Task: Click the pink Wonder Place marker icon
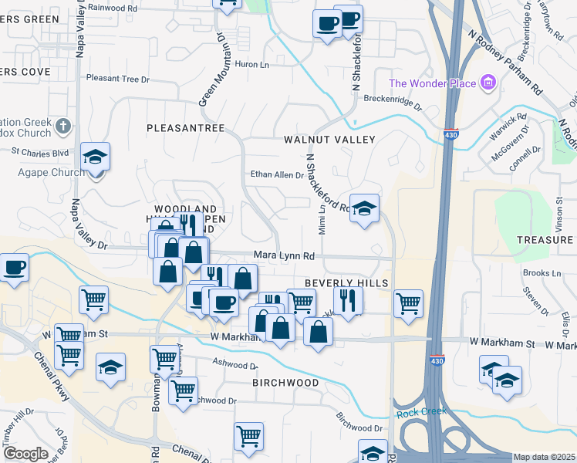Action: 488,83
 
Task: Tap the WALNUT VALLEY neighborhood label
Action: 329,140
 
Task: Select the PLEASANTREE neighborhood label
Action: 185,127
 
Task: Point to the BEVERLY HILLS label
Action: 346,283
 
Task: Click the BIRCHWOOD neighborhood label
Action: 285,383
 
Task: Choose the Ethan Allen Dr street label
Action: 276,175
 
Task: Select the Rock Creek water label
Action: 421,413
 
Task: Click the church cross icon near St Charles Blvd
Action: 63,125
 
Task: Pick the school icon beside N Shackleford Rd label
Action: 365,208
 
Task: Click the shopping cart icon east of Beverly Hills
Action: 408,302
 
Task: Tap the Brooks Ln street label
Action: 542,273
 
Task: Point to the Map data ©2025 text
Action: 544,457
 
